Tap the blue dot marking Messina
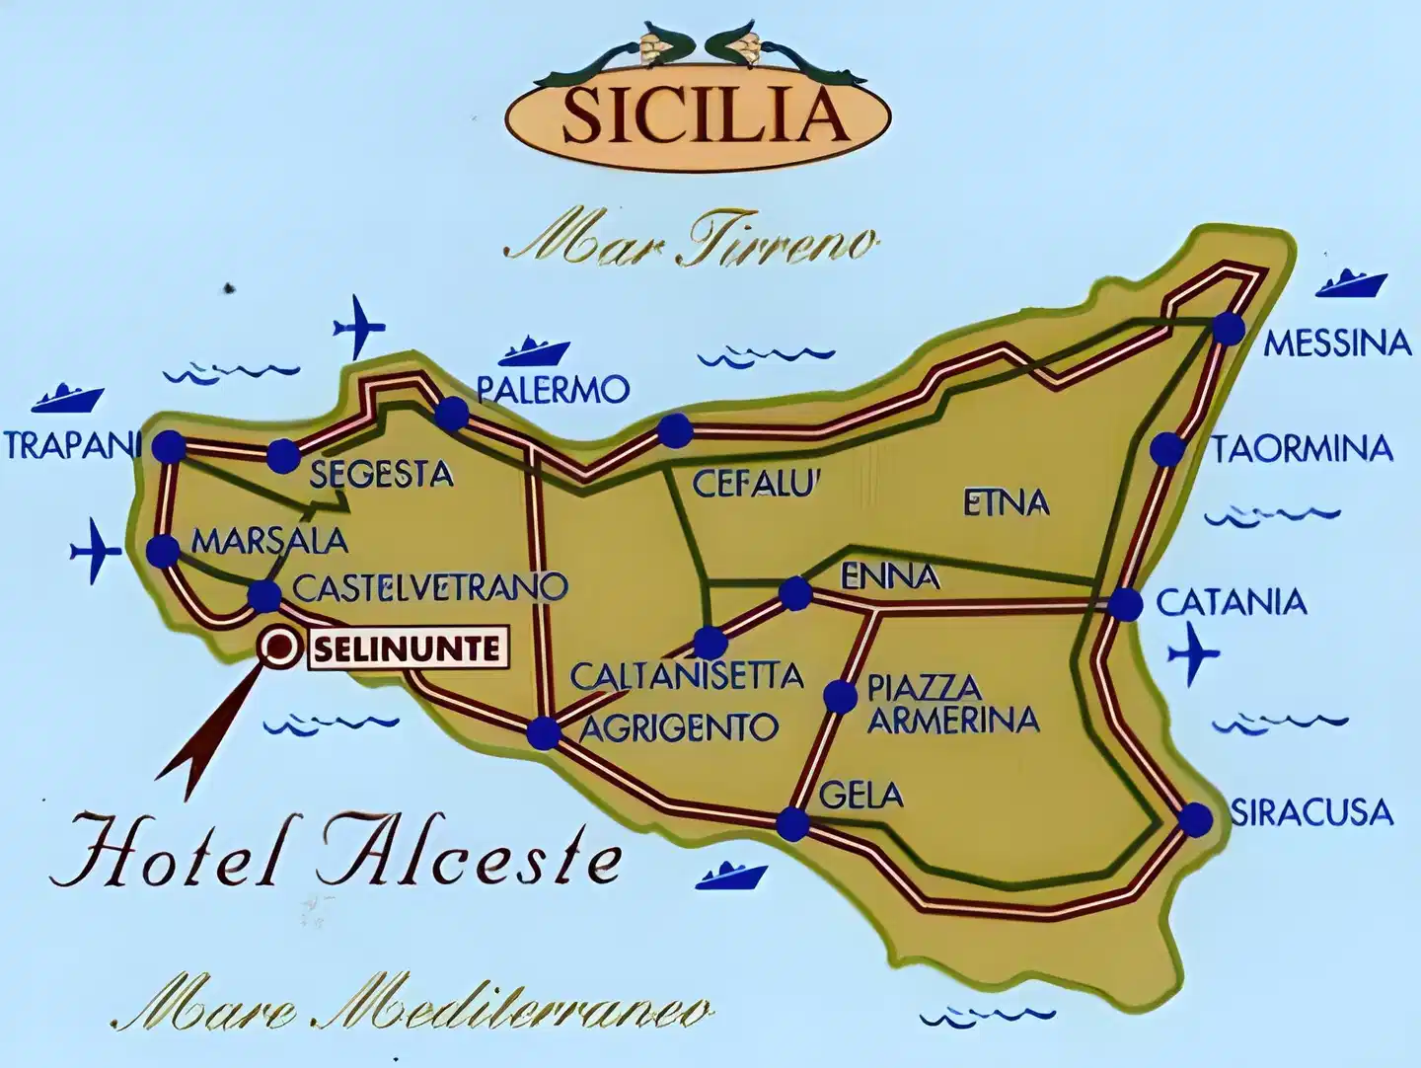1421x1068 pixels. [1228, 328]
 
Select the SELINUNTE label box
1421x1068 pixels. [409, 649]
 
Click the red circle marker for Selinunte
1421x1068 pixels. [279, 648]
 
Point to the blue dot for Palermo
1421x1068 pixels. [452, 414]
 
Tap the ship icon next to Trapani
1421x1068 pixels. [67, 398]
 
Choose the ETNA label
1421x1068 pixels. [1006, 503]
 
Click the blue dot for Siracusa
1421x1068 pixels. [1195, 819]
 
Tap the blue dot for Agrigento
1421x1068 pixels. [543, 732]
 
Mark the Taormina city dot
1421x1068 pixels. [1167, 449]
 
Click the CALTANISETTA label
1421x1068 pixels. [687, 676]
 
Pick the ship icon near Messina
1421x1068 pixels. [1351, 283]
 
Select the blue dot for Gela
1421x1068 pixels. [791, 823]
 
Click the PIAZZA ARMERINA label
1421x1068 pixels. [952, 703]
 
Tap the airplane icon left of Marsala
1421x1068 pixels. [96, 549]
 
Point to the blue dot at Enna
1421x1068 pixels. [795, 593]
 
